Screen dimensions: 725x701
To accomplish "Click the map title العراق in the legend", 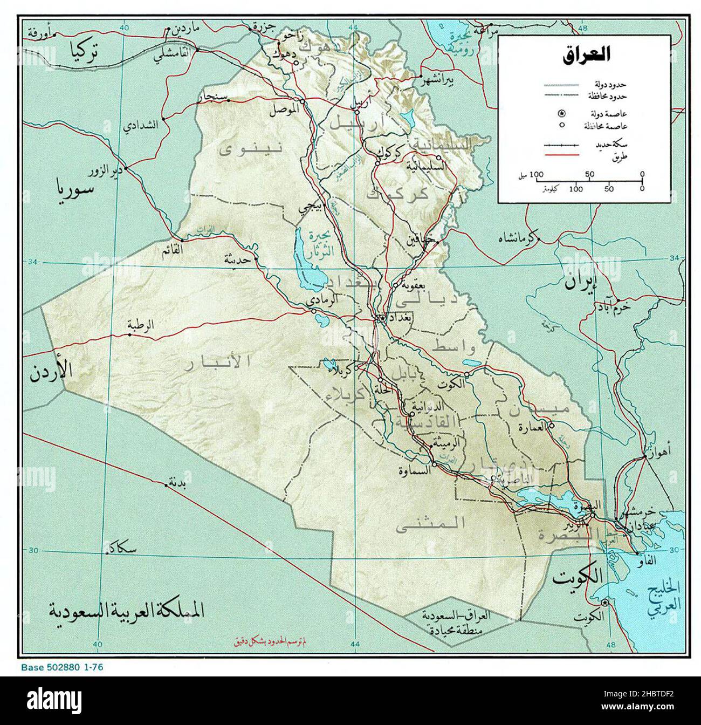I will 586,55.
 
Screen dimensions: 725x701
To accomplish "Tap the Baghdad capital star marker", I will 382,318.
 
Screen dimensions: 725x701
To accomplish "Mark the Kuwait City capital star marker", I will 606,603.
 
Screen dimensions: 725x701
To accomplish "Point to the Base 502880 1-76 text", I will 62,667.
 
